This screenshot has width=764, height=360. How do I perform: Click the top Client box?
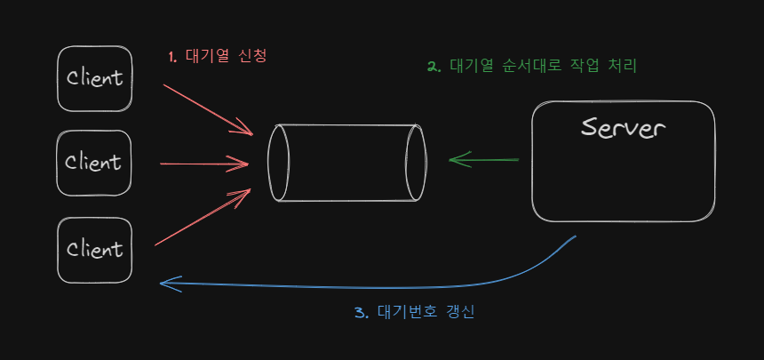pos(94,78)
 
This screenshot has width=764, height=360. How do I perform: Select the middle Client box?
pos(94,163)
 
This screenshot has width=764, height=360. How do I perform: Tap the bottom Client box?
pos(94,249)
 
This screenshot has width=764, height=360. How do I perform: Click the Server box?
pos(623,162)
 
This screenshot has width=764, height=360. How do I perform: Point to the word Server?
pos(623,128)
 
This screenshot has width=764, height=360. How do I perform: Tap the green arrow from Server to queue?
pos(484,161)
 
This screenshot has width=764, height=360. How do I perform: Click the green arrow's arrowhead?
pos(457,160)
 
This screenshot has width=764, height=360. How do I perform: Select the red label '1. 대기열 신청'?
pos(218,56)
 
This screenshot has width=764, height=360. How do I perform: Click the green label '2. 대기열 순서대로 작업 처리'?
pos(531,67)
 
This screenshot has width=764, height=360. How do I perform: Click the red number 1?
pos(172,56)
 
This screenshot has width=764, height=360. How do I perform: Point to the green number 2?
pos(434,67)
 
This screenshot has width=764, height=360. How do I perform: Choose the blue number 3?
pos(360,312)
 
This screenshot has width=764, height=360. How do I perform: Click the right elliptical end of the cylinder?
pos(415,164)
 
